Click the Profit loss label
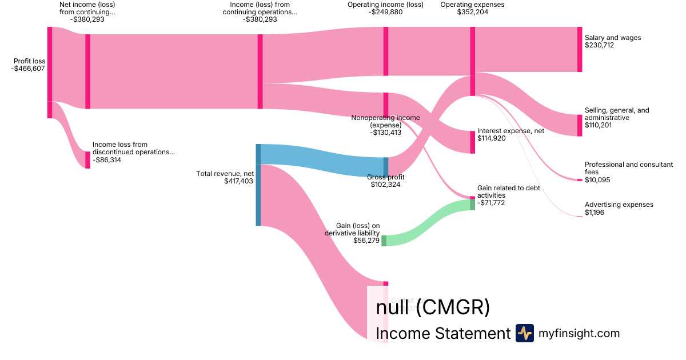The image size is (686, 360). point(30,61)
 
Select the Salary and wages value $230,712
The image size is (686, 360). point(599,45)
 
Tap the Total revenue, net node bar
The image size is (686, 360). point(258,185)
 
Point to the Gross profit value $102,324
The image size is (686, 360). point(385,185)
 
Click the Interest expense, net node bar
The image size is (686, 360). point(473,142)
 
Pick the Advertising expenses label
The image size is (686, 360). point(619,205)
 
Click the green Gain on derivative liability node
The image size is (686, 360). point(384,241)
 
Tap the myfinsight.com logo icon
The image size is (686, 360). point(524,333)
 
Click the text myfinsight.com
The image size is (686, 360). point(579,333)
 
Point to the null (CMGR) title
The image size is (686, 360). point(433,307)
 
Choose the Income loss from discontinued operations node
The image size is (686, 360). point(87,160)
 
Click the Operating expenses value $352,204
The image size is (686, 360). point(473,12)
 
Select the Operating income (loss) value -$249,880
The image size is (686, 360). point(385,12)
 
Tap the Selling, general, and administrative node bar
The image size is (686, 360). point(580,125)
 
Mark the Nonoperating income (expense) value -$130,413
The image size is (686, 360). point(385,133)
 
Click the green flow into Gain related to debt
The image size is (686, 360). point(429,223)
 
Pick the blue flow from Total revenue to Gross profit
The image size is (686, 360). point(320,157)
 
